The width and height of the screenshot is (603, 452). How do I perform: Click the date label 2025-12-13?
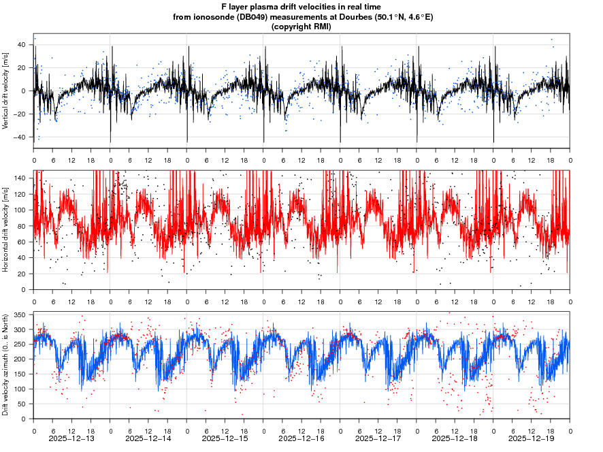(72, 439)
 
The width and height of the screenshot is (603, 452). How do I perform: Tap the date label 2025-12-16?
(302, 439)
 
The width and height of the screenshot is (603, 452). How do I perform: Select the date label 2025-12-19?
(532, 439)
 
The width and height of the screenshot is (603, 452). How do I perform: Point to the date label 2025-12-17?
(379, 439)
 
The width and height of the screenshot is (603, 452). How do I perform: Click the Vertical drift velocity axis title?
(6, 91)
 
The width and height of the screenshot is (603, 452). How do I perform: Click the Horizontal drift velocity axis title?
(6, 230)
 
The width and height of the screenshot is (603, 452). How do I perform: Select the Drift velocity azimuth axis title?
(6, 366)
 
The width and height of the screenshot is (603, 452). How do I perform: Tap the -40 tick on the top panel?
(22, 138)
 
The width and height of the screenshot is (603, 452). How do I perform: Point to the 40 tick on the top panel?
(22, 45)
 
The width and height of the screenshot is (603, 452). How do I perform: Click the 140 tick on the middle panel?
(20, 178)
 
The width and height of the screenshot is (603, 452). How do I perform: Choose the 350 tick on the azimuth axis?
(20, 314)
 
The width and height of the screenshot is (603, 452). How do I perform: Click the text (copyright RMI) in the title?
(301, 27)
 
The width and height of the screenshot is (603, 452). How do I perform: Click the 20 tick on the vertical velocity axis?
(22, 68)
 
